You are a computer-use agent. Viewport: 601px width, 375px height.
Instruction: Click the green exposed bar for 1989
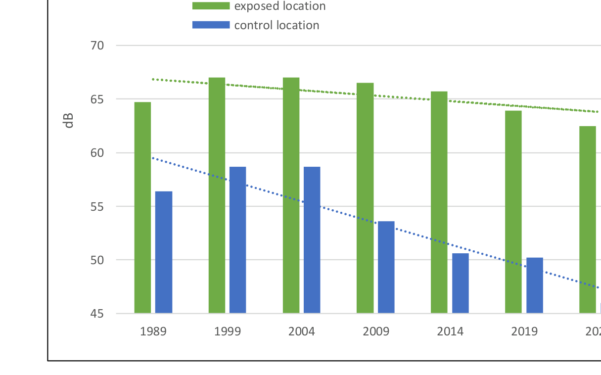click(142, 208)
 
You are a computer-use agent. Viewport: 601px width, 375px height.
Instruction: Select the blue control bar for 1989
click(164, 252)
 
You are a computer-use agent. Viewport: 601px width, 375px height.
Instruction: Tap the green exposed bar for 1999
click(217, 195)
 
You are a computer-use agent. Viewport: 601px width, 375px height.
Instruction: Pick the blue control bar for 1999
click(237, 240)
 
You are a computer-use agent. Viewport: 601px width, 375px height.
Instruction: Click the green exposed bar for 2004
click(291, 195)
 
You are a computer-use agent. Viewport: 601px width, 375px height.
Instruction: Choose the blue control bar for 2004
click(312, 240)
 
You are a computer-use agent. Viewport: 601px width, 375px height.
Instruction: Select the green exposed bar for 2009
click(365, 198)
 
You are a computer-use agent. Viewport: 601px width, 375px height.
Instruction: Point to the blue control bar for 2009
click(386, 267)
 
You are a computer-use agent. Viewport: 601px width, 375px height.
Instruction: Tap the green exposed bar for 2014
click(439, 202)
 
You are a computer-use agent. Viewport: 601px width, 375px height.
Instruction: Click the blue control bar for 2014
click(461, 283)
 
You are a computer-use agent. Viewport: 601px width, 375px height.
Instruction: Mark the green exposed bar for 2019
click(513, 212)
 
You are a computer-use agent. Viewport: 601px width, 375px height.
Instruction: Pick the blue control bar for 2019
click(535, 285)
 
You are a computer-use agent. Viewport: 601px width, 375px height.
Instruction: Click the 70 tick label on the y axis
click(97, 46)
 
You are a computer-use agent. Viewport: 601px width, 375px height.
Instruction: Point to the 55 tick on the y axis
click(97, 206)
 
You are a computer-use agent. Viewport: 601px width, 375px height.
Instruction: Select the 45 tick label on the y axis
click(97, 314)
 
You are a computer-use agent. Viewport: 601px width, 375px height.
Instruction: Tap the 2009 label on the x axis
click(376, 331)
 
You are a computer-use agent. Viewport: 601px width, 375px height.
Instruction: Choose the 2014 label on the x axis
click(450, 331)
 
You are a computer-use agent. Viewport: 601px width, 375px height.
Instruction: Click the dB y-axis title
click(69, 121)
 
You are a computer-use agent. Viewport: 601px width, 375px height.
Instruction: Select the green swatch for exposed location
click(211, 6)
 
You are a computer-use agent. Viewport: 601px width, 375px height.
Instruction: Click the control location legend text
click(277, 25)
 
